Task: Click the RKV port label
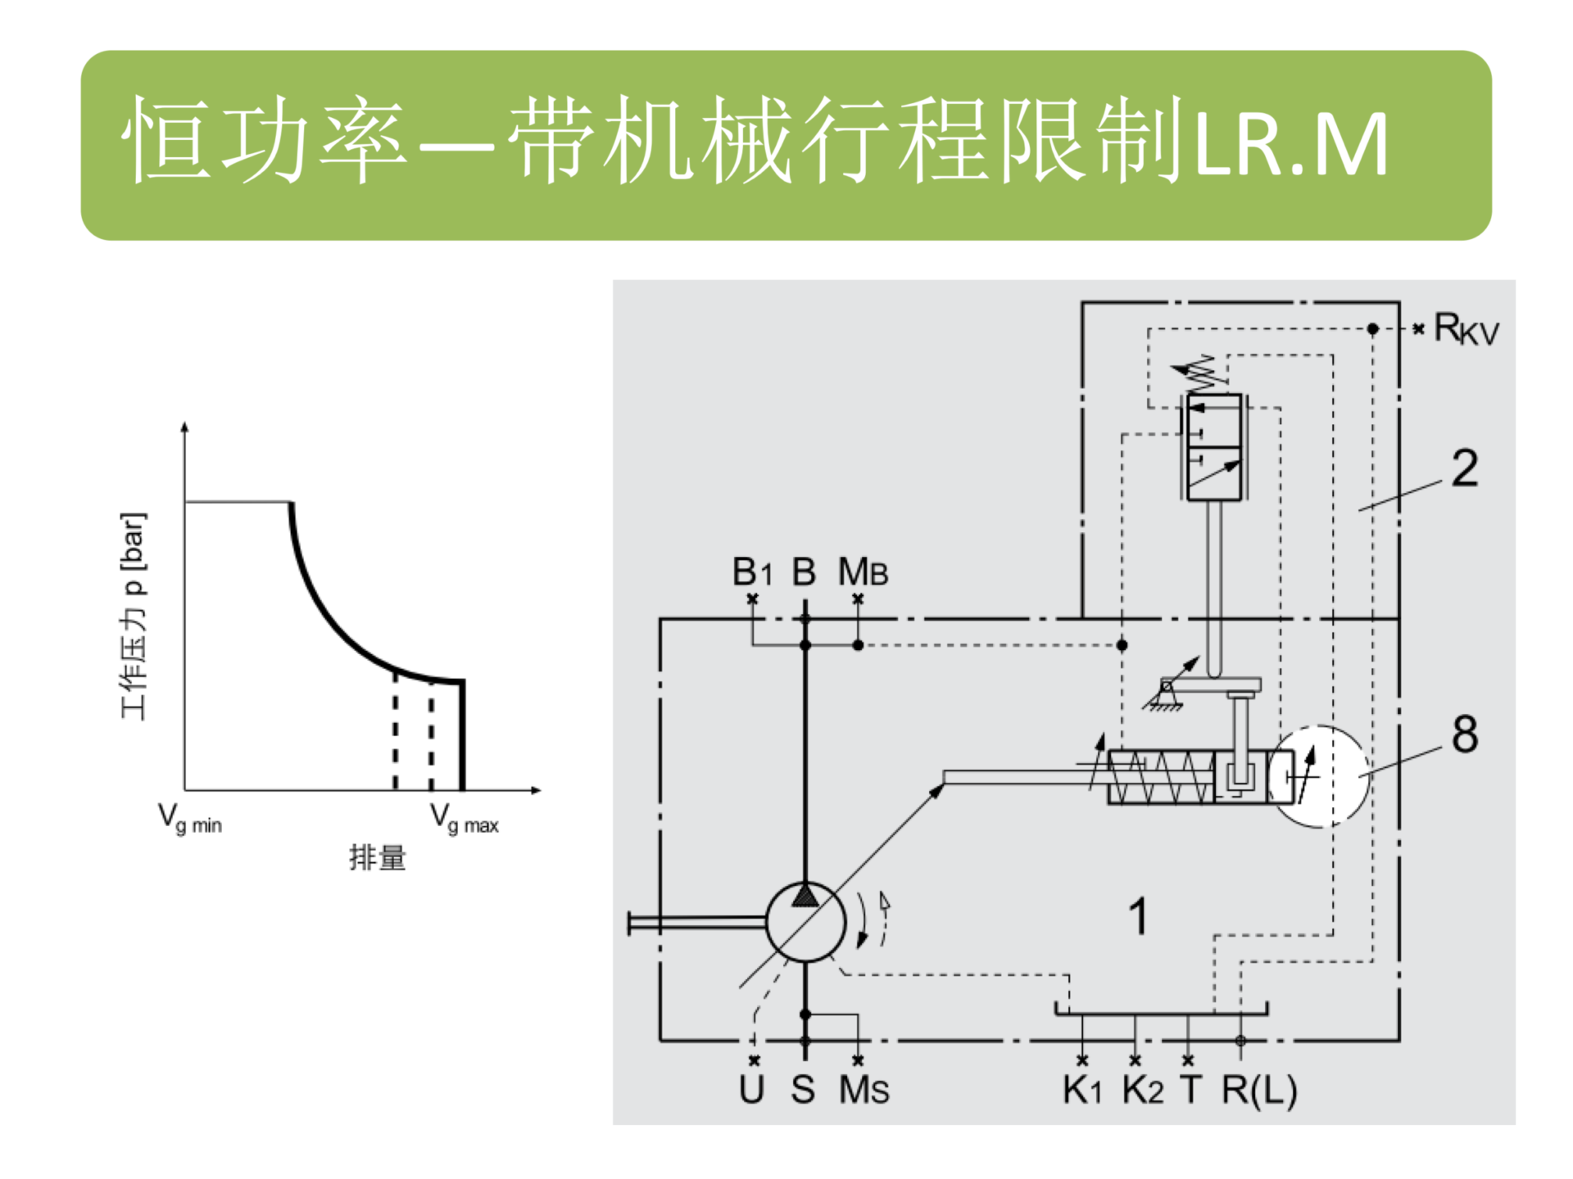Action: pyautogui.click(x=1466, y=329)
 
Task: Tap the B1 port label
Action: pyautogui.click(x=751, y=571)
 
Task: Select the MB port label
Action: pyautogui.click(x=862, y=571)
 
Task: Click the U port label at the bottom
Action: pyautogui.click(x=751, y=1089)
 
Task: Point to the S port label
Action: pyautogui.click(x=803, y=1089)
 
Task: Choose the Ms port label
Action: pyautogui.click(x=864, y=1089)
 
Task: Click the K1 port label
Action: pyautogui.click(x=1081, y=1089)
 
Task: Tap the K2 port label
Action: pyautogui.click(x=1142, y=1089)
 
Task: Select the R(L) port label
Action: pyautogui.click(x=1259, y=1089)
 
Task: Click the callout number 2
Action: pyautogui.click(x=1465, y=468)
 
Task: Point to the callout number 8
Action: pyautogui.click(x=1465, y=734)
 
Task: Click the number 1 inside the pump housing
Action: pyautogui.click(x=1138, y=915)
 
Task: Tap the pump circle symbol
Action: pyautogui.click(x=805, y=922)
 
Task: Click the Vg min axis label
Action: pyautogui.click(x=189, y=818)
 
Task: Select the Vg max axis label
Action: pyautogui.click(x=464, y=818)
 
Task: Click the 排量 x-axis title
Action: pyautogui.click(x=377, y=857)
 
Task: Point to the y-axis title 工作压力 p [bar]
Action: pyautogui.click(x=134, y=616)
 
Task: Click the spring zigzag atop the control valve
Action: pyautogui.click(x=1204, y=373)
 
